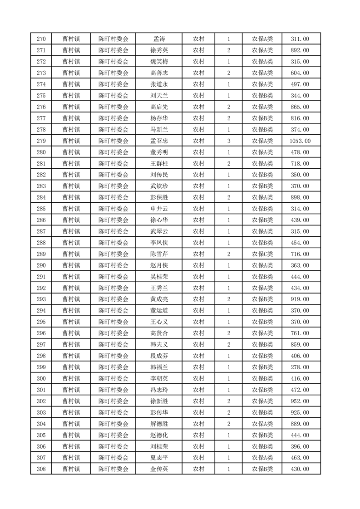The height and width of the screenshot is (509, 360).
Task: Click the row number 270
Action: (41, 39)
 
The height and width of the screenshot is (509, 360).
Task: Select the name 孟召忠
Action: (159, 141)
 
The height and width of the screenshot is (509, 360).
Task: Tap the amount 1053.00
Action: (300, 141)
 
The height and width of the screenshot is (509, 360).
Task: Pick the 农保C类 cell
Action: (262, 254)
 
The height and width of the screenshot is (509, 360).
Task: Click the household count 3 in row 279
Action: (229, 141)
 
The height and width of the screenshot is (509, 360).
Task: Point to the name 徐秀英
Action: (159, 50)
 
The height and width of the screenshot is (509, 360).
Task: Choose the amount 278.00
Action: (300, 367)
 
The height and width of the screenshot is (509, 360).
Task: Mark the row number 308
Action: (41, 469)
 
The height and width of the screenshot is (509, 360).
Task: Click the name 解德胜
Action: (159, 424)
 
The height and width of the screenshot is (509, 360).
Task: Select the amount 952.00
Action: (300, 401)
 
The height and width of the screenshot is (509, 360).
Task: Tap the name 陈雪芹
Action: (159, 254)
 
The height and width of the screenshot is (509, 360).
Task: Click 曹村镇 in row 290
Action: (71, 265)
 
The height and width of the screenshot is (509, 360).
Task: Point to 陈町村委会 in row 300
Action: (113, 378)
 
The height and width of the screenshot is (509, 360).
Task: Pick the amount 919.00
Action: (300, 299)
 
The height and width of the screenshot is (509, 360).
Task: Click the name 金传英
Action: (159, 469)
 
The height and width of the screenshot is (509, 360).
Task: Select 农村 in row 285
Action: (198, 209)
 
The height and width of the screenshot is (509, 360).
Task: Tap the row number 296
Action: (41, 333)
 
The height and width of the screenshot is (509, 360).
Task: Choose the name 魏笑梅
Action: (159, 62)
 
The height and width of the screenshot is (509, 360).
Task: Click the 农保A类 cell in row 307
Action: (262, 458)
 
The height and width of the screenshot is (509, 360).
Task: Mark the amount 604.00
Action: (300, 73)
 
